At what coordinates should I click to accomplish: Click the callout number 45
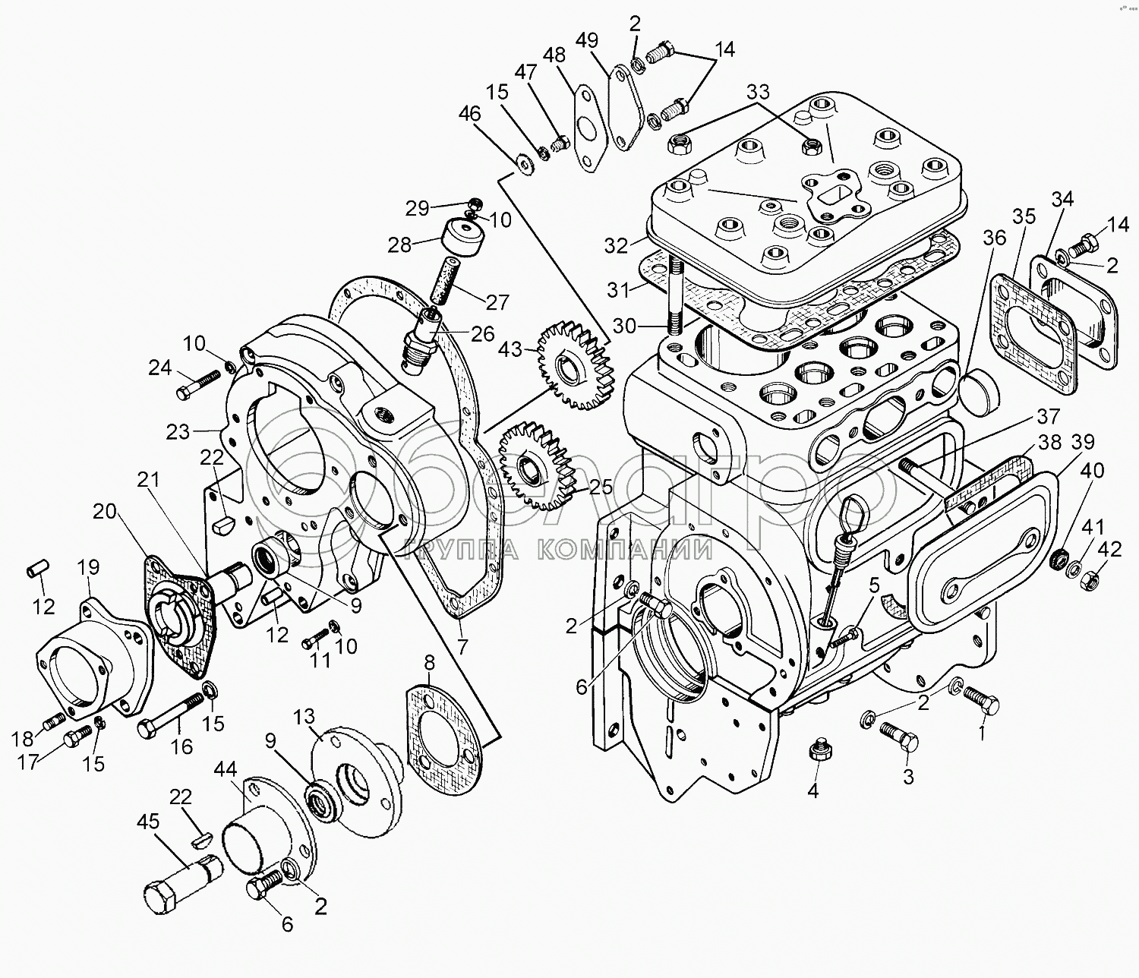[150, 822]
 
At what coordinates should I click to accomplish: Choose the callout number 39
[1083, 443]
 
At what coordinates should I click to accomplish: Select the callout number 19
[89, 566]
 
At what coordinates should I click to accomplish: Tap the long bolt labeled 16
[172, 717]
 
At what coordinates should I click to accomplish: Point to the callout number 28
[400, 244]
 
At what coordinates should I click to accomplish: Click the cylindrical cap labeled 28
[462, 239]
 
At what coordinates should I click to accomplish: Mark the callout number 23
[178, 431]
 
